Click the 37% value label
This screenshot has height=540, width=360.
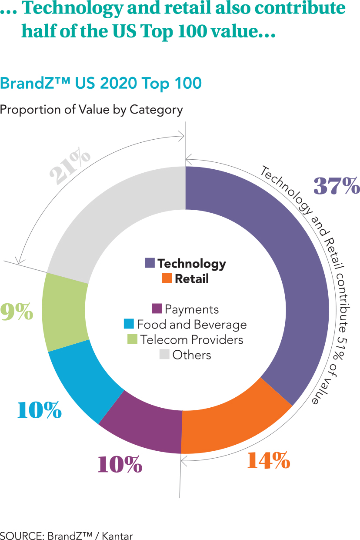337,186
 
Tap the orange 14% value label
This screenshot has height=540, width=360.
268,460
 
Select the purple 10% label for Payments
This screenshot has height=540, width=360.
120,465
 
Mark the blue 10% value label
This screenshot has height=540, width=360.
39,410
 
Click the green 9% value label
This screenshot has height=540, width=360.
17,312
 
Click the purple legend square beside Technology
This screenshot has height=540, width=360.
150,263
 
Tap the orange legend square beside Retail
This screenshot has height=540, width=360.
167,278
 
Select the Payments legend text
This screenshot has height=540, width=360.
191,309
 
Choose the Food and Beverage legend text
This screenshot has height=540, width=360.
191,325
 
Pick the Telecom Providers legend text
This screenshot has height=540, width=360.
191,340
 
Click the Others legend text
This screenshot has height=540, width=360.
191,355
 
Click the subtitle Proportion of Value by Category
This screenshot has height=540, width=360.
91,110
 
